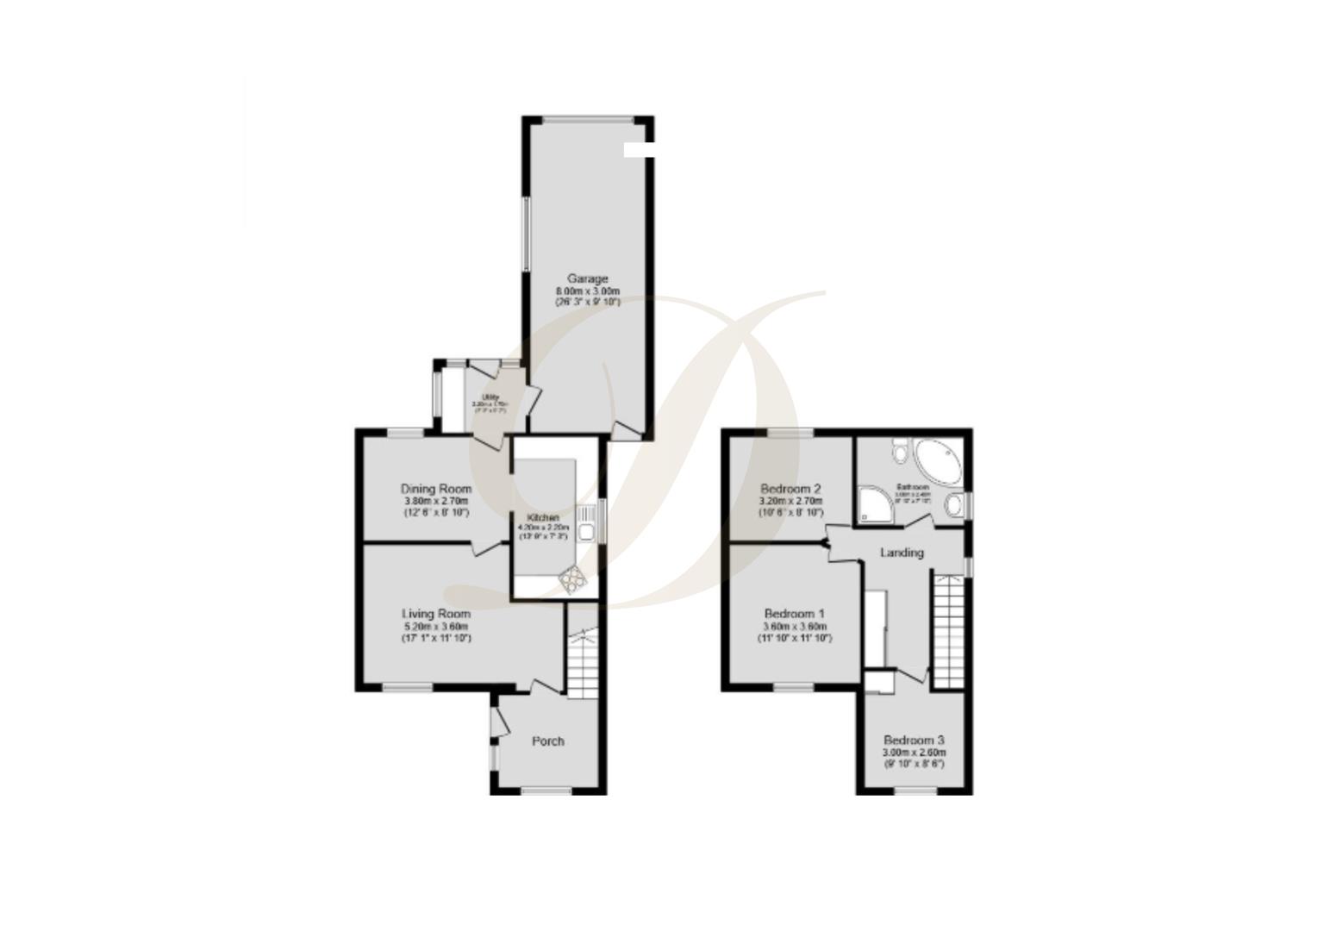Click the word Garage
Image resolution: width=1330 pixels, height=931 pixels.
tap(587, 278)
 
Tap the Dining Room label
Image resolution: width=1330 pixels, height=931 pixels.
tap(436, 489)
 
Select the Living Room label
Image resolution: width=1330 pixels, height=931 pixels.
tap(436, 614)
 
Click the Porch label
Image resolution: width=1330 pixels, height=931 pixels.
tap(547, 741)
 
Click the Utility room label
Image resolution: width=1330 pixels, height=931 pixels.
tap(489, 397)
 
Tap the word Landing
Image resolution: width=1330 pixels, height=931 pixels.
tap(902, 553)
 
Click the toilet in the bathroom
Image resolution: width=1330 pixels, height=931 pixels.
tap(900, 451)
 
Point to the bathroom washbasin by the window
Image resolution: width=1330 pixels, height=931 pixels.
tap(955, 505)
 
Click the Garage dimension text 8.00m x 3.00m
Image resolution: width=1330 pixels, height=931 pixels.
tap(587, 291)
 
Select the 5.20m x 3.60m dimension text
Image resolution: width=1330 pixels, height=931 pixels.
tap(436, 627)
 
